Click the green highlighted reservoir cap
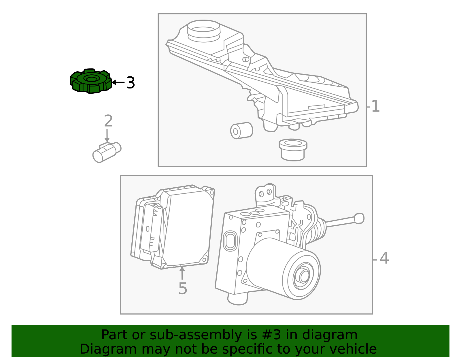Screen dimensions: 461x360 [91, 81]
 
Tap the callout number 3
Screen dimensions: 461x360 [131, 83]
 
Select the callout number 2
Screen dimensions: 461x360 [108, 121]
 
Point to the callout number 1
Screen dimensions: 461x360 [375, 106]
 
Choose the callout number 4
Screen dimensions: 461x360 [384, 258]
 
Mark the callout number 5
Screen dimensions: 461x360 [183, 289]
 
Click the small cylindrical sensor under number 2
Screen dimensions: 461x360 [107, 152]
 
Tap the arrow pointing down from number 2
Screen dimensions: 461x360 [107, 136]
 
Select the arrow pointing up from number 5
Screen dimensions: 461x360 [182, 273]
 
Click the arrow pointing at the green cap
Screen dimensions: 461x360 [118, 82]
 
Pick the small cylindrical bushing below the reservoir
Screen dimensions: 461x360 [242, 131]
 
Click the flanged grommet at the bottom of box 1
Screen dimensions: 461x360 [293, 150]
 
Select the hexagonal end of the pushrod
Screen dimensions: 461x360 [359, 219]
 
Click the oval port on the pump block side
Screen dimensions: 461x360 [230, 241]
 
